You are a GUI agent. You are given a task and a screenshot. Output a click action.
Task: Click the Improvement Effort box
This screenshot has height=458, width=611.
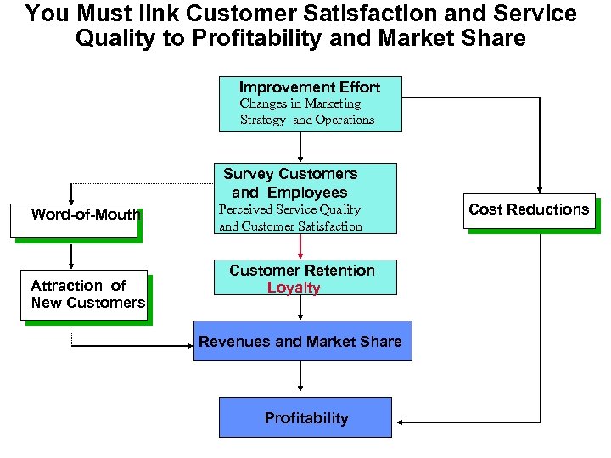click(x=310, y=103)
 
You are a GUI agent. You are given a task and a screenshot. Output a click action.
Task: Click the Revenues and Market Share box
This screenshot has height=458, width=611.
click(x=302, y=341)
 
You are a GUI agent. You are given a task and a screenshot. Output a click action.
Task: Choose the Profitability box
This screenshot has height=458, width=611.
click(x=305, y=417)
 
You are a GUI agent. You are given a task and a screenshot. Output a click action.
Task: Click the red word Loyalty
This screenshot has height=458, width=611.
click(x=294, y=288)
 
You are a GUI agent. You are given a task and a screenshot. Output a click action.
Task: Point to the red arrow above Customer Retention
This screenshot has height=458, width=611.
click(x=300, y=246)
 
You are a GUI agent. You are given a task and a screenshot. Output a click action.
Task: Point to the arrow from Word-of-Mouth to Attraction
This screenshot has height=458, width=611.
click(x=73, y=254)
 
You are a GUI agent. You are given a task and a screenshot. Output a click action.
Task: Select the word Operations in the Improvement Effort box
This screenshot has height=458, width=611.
click(x=345, y=120)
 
